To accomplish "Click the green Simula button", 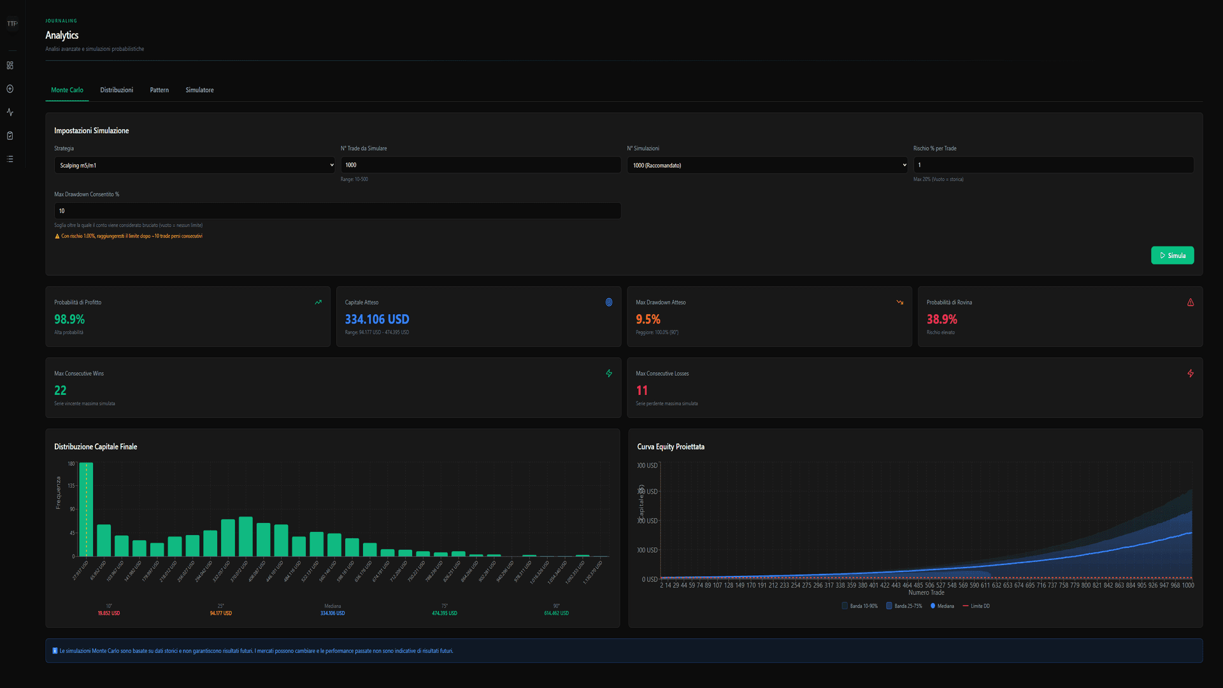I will click(1172, 255).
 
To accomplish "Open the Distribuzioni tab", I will click(117, 90).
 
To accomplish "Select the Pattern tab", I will click(159, 90).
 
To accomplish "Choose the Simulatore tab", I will click(199, 90).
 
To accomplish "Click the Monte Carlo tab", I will click(67, 90).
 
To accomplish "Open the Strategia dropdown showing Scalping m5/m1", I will click(194, 165).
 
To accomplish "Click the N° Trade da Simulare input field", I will click(480, 165).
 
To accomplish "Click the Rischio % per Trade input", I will click(1053, 165).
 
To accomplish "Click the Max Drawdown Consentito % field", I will click(337, 211).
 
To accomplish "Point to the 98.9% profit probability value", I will click(69, 319).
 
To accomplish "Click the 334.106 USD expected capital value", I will click(377, 319).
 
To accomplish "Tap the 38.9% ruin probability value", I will click(941, 319).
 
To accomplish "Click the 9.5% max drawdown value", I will click(648, 319).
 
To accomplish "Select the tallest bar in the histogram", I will click(86, 510).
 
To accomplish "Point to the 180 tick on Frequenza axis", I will click(71, 464).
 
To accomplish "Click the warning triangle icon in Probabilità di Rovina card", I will click(1190, 303).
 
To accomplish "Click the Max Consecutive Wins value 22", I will click(61, 391).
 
